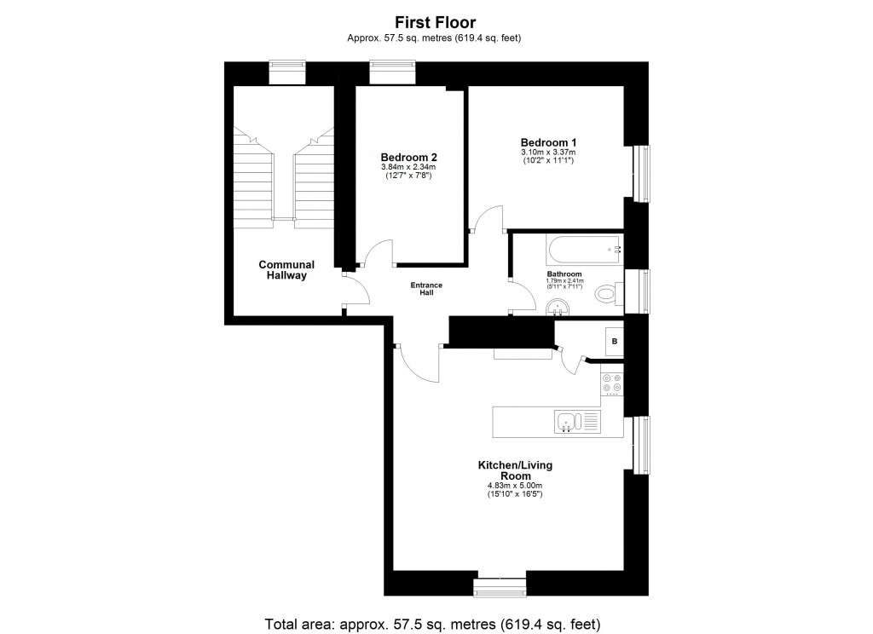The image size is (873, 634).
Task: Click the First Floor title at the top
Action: (x=435, y=23)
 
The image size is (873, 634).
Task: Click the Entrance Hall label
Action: (x=426, y=288)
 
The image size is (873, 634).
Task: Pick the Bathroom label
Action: (x=564, y=274)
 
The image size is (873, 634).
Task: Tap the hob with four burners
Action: (x=611, y=384)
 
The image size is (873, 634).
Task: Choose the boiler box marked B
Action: (x=614, y=343)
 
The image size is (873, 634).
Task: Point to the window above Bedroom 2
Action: (x=392, y=72)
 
